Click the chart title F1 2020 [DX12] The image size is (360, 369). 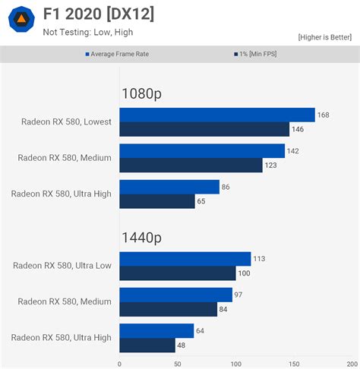coord(98,14)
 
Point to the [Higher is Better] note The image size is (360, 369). coord(325,36)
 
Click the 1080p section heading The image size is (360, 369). coord(141,94)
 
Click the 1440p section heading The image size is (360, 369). coord(141,238)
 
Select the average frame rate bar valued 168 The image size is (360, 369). coord(216,115)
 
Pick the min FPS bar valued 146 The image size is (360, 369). coord(205,129)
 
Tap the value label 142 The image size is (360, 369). coord(293,151)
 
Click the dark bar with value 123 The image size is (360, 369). coord(191,165)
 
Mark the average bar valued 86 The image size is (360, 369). coord(169,187)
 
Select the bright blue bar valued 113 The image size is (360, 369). coord(185,259)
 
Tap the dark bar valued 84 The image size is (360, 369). coord(168,309)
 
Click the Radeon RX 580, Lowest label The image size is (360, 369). coord(66,121)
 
